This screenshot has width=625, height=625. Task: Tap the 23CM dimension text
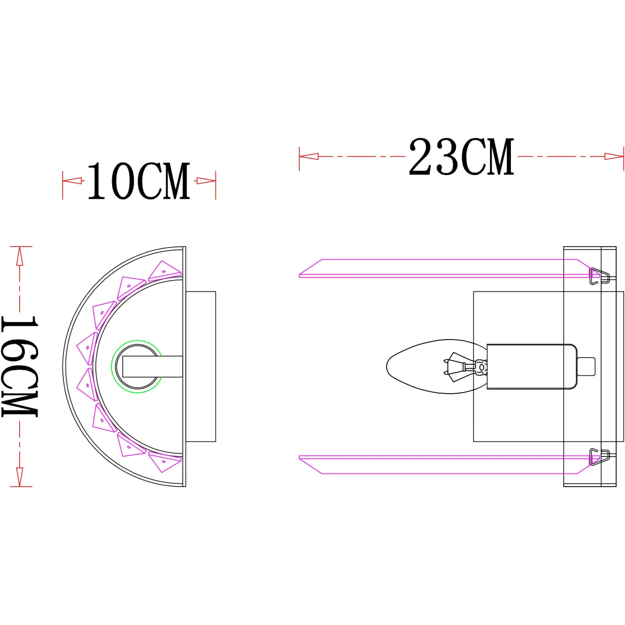[x=461, y=157]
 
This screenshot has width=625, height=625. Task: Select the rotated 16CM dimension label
[x=20, y=366]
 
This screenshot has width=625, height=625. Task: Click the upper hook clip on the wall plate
[x=599, y=276]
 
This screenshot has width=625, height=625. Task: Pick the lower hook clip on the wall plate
[x=599, y=457]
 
